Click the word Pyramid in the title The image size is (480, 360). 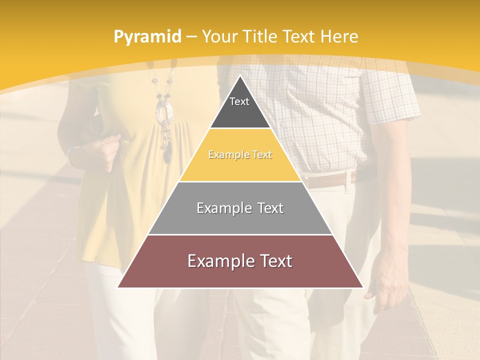(147, 37)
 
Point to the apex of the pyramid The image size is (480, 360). (240, 76)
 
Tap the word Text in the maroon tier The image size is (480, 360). (272, 261)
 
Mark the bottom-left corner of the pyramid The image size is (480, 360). (118, 287)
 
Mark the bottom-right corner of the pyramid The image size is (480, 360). (362, 287)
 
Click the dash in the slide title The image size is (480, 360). (191, 37)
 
